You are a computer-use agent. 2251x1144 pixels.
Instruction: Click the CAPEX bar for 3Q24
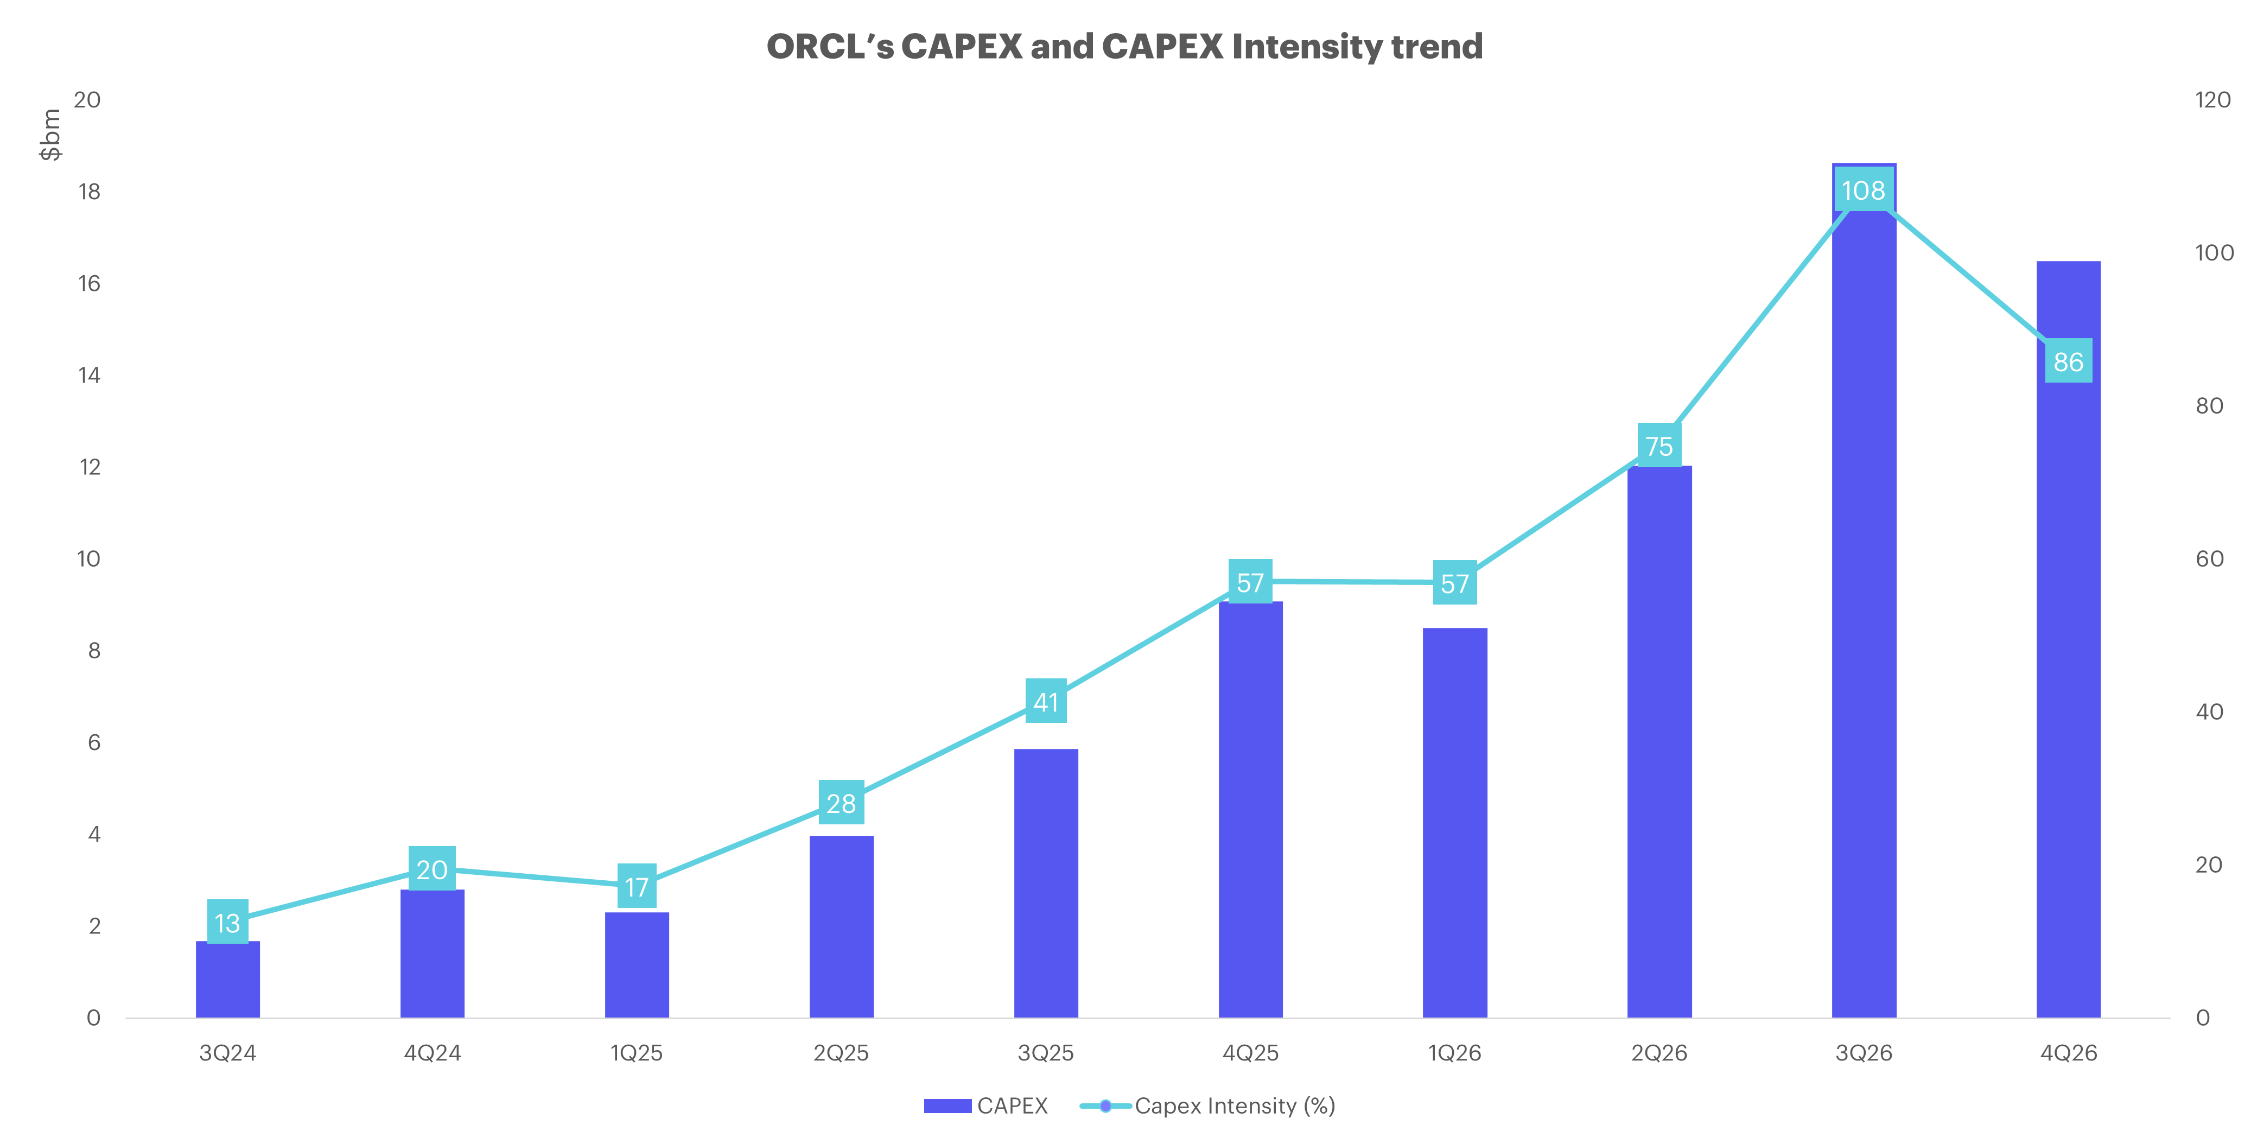pyautogui.click(x=227, y=979)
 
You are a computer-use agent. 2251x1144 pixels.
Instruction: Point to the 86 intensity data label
pyautogui.click(x=2068, y=361)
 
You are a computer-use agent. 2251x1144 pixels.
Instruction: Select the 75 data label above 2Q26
pyautogui.click(x=1658, y=446)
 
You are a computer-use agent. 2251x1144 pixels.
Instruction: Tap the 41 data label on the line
pyautogui.click(x=1046, y=702)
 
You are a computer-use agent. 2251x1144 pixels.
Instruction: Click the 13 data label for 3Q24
pyautogui.click(x=227, y=922)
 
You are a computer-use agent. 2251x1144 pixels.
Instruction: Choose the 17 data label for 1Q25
pyautogui.click(x=637, y=886)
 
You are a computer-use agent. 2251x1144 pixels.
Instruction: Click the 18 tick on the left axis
pyautogui.click(x=89, y=192)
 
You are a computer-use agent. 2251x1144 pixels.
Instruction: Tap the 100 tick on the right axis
pyautogui.click(x=2214, y=252)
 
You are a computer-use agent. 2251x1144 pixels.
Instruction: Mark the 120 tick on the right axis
pyautogui.click(x=2214, y=100)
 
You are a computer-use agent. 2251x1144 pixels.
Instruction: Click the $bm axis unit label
pyautogui.click(x=50, y=135)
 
